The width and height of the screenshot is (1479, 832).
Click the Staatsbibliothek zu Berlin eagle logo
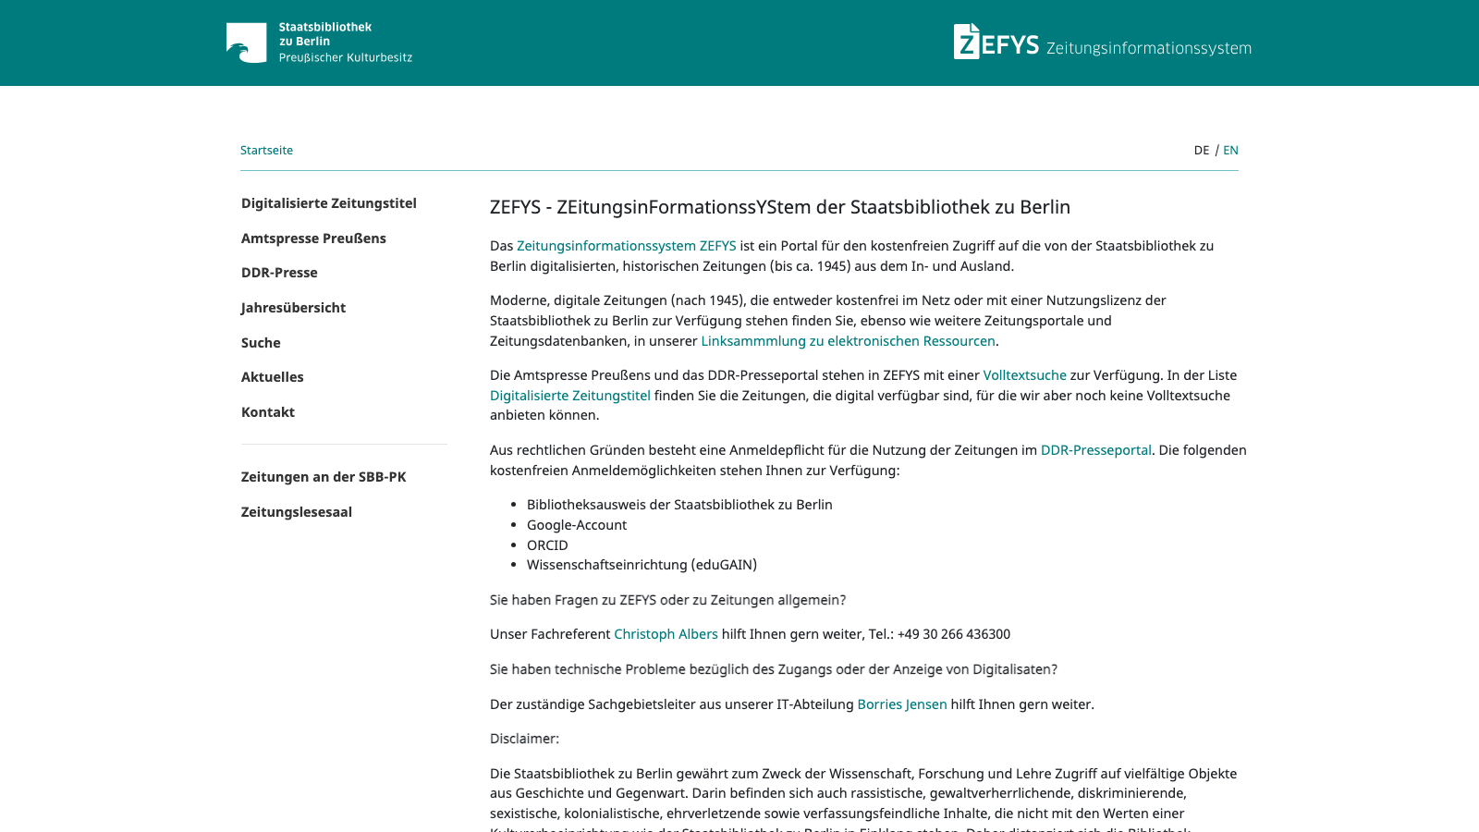[246, 43]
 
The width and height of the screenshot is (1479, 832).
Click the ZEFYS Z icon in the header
[966, 42]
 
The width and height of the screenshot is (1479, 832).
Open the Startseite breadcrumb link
[266, 150]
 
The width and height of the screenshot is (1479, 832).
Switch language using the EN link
[1230, 150]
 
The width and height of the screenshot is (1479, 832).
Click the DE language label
[1201, 150]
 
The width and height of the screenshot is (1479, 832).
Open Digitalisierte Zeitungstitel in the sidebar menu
[328, 203]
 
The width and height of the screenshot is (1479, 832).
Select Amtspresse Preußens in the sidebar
[313, 239]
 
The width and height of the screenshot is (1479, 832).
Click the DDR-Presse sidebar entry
[279, 273]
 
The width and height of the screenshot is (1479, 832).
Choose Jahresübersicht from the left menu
[293, 308]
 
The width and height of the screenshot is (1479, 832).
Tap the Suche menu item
[261, 343]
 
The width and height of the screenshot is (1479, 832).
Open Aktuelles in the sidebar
[272, 377]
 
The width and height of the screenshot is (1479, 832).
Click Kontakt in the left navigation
[268, 412]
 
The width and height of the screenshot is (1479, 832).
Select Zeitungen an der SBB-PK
[324, 477]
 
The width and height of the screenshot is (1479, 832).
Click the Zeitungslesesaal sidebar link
[296, 512]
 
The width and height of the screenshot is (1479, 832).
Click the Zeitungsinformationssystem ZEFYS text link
[626, 246]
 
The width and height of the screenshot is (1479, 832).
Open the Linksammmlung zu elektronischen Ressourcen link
[848, 341]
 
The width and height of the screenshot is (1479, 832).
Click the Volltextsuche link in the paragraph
[1024, 375]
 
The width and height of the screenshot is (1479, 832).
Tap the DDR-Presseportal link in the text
[1095, 450]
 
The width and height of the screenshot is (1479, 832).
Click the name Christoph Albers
[666, 634]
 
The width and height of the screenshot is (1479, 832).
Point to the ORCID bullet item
[547, 545]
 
